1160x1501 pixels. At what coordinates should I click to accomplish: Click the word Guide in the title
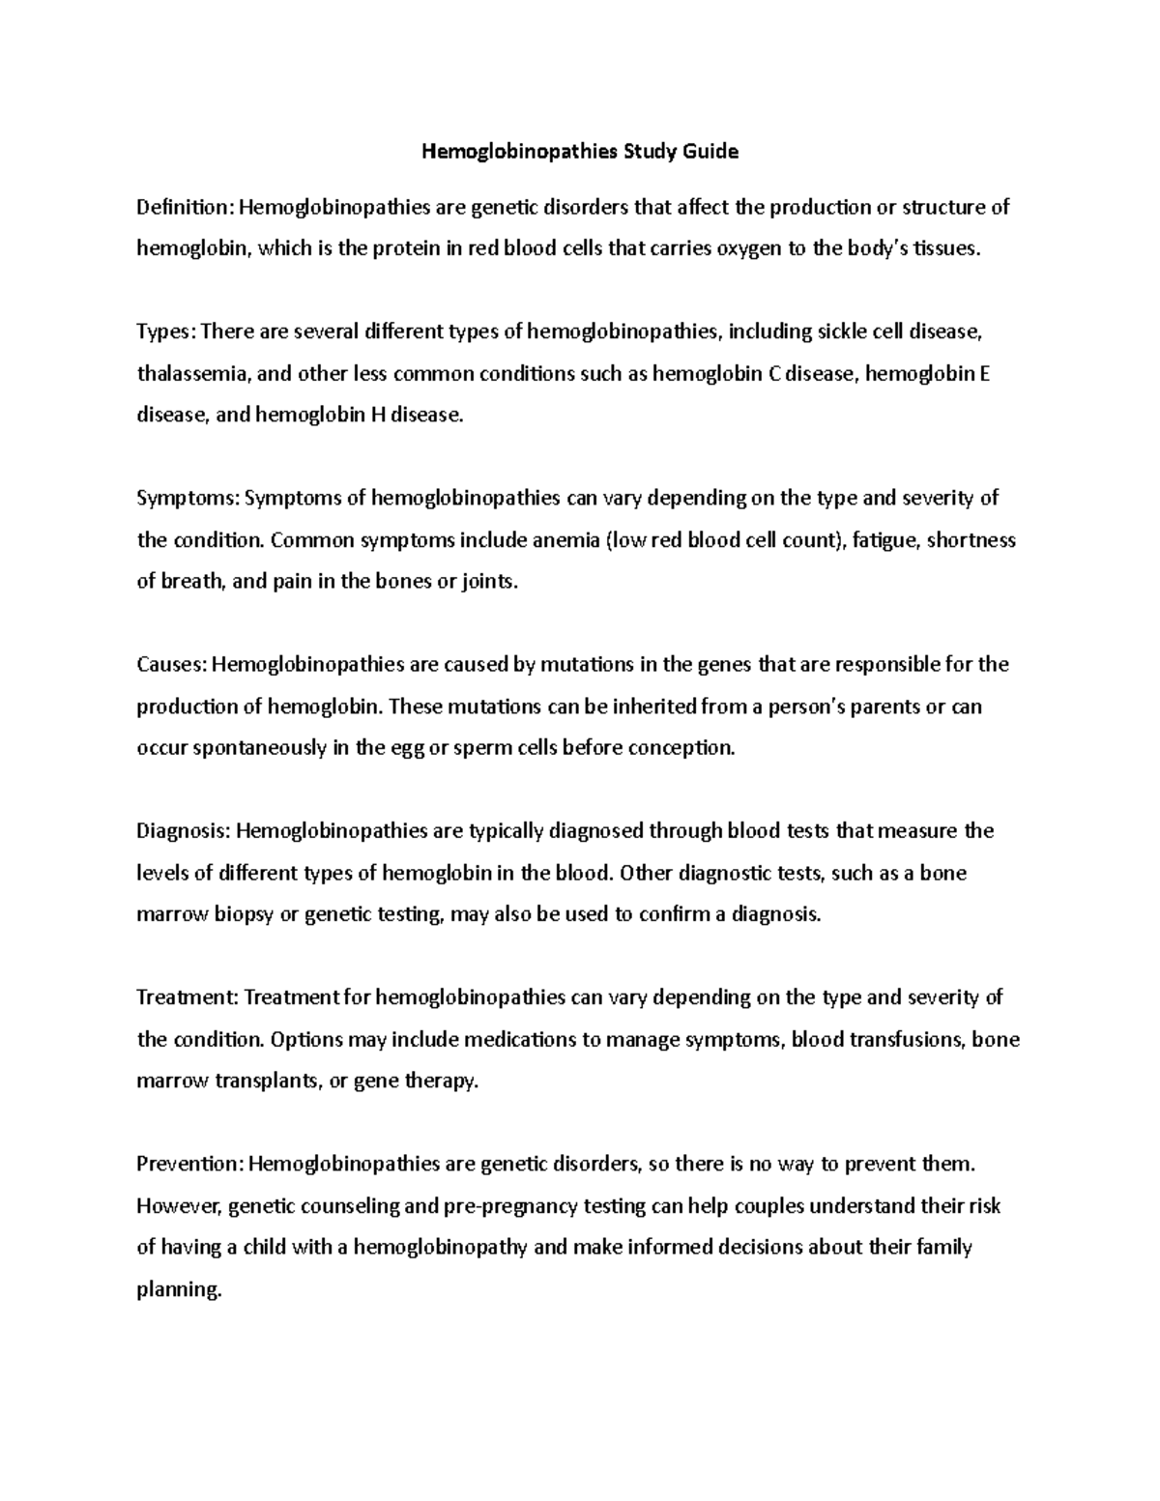pos(709,152)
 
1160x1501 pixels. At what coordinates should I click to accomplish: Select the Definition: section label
pos(186,207)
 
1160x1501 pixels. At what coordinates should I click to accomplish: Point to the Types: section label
pos(166,332)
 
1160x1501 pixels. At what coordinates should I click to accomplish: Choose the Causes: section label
pos(171,664)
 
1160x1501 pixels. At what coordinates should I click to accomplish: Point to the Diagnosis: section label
pos(184,831)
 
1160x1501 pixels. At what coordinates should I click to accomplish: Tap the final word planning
pos(180,1289)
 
